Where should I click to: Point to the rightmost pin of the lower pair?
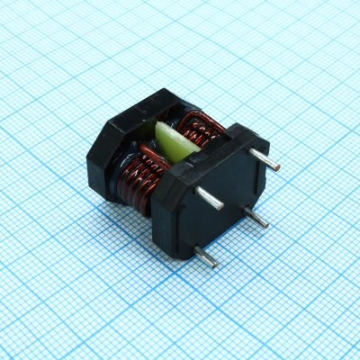256,219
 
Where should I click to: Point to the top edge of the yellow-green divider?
171,124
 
